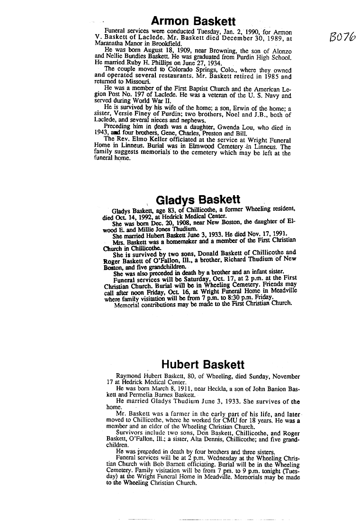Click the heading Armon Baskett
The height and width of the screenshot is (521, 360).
click(x=193, y=21)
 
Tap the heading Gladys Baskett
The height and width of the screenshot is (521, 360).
click(x=198, y=199)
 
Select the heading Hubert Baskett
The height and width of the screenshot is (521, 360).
click(x=203, y=364)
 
